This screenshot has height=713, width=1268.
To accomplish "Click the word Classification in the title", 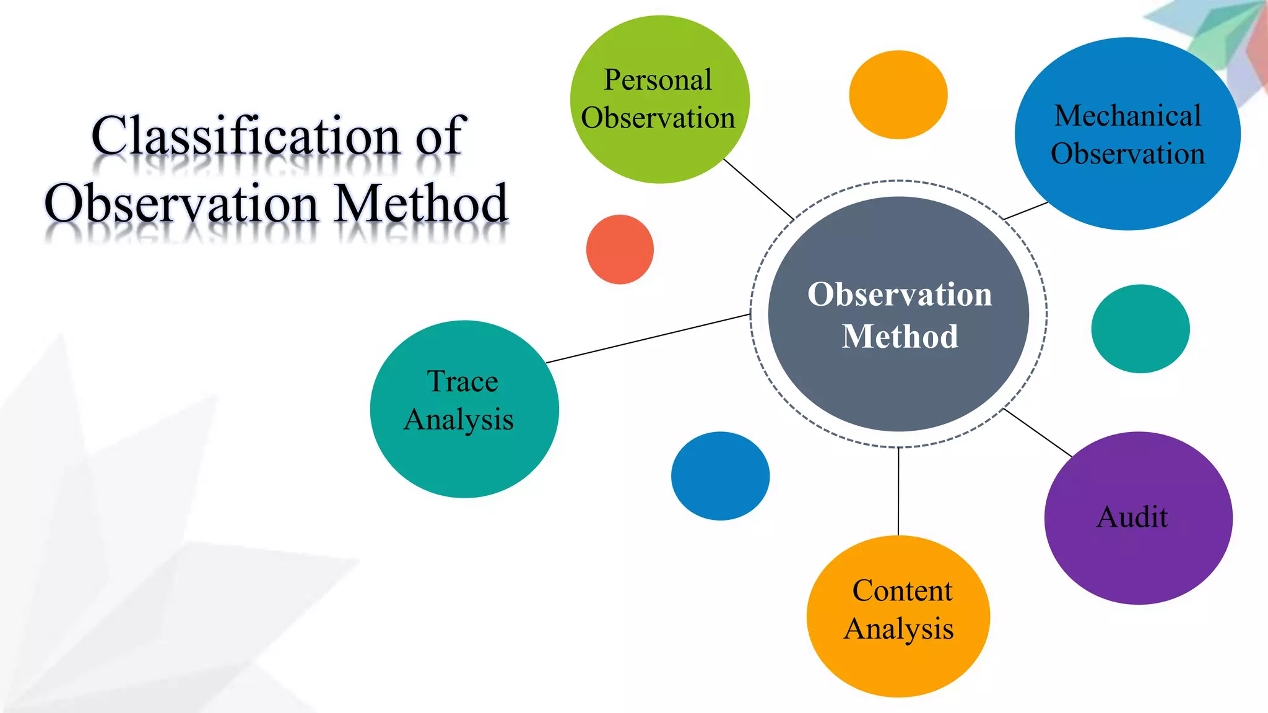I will click(x=245, y=136).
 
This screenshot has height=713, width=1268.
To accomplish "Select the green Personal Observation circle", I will click(x=659, y=99).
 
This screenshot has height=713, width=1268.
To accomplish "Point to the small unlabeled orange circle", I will click(x=898, y=95).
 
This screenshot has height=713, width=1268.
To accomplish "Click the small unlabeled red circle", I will click(x=620, y=249).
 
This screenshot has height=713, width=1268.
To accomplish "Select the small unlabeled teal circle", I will click(x=1140, y=329).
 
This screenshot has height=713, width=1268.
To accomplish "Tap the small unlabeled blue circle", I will click(x=720, y=476).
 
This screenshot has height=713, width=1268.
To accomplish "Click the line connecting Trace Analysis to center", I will click(x=648, y=339).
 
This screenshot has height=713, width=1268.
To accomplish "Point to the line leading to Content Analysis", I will click(x=898, y=492).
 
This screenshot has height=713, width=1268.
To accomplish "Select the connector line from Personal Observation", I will click(x=758, y=189).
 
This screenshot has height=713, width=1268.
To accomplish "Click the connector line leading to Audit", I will click(x=1038, y=433).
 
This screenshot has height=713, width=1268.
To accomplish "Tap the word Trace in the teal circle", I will click(x=462, y=381).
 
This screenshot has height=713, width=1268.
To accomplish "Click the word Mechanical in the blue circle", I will click(x=1127, y=116).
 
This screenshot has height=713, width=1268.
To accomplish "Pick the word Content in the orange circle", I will click(x=902, y=590).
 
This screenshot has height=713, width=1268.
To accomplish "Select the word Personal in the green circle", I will click(x=658, y=80).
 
